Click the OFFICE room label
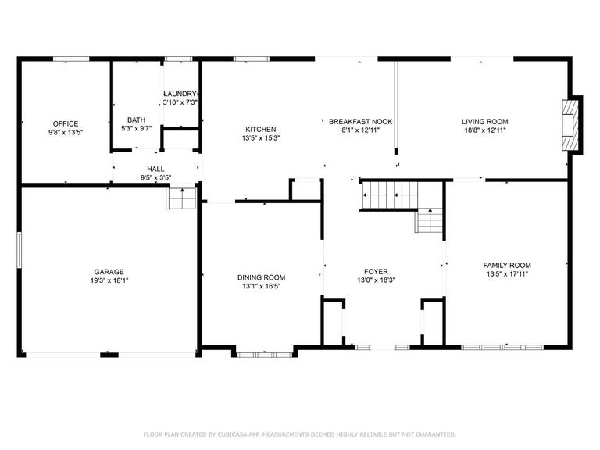[x=66, y=123]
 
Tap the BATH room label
[x=136, y=120]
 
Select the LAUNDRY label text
[x=180, y=94]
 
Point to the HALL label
[x=155, y=169]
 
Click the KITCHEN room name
[x=261, y=130]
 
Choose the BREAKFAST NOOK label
[x=360, y=122]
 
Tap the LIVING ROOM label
[x=485, y=122]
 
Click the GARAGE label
[x=109, y=272]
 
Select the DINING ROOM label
[x=261, y=277]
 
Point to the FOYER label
[x=376, y=271]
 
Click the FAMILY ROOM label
[x=507, y=265]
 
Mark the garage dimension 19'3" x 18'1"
[x=109, y=280]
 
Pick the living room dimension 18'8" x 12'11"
[x=485, y=130]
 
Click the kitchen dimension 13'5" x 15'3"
[x=261, y=138]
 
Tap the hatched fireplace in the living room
[x=569, y=126]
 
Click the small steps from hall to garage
[x=182, y=198]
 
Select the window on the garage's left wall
[x=19, y=250]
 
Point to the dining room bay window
[x=265, y=355]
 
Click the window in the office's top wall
[x=71, y=59]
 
